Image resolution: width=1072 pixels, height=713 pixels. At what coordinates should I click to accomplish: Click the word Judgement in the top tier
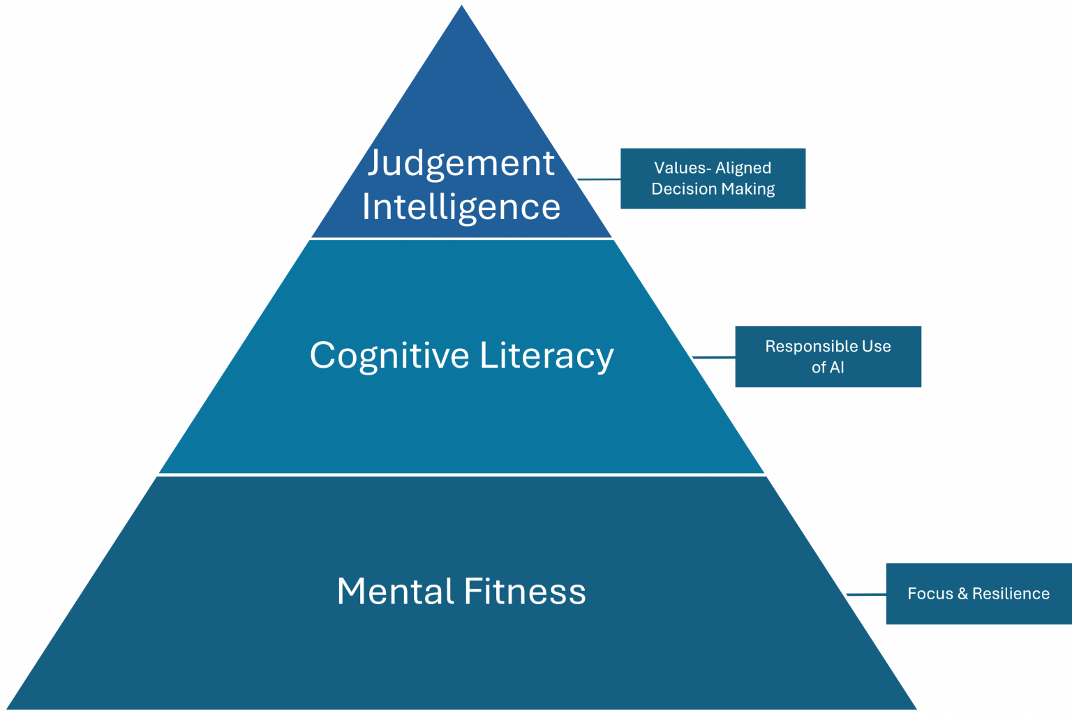pos(461,164)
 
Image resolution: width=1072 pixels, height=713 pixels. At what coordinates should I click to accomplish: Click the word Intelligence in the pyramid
pos(461,207)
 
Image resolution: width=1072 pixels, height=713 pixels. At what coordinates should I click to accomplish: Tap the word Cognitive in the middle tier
pos(389,356)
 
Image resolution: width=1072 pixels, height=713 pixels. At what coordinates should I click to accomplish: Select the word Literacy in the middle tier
pos(546,356)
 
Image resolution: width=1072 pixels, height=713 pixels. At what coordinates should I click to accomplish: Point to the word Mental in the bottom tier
pos(395,592)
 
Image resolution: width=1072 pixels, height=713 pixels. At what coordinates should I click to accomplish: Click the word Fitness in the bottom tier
pos(524,592)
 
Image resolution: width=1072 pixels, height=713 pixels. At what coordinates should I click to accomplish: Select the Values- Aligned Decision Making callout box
pos(713,179)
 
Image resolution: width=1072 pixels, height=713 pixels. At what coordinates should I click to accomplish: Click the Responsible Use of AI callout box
pos(828,356)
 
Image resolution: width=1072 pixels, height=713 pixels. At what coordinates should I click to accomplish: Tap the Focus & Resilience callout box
pos(978,594)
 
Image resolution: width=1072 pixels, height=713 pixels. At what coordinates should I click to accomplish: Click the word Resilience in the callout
pos(1011,594)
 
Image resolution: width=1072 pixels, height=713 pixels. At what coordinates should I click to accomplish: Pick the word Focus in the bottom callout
pos(930,594)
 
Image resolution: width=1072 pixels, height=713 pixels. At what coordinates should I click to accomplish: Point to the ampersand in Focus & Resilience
pos(962,594)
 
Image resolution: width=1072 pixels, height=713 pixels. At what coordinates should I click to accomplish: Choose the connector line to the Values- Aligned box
pos(600,179)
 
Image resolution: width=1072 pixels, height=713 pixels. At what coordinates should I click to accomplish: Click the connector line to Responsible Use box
pos(713,357)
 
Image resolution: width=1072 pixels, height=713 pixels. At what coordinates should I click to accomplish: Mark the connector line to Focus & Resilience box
pos(866,594)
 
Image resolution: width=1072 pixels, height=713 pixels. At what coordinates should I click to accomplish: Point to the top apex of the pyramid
pos(461,6)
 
